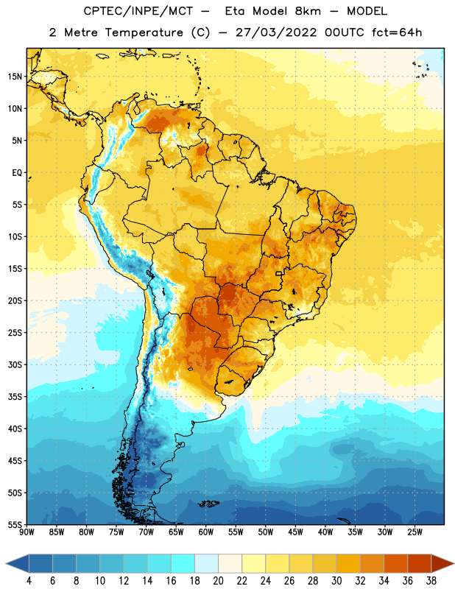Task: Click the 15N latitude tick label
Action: (15, 77)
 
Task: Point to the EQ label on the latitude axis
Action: (17, 173)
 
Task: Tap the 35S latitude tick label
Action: (15, 397)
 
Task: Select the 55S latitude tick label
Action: (15, 525)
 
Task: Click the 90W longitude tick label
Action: (27, 532)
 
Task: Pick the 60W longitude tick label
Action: (206, 532)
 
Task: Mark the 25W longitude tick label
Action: (415, 532)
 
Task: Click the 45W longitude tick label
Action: (295, 532)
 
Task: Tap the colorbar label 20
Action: (218, 581)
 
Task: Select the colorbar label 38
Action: (431, 581)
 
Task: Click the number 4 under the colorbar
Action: (29, 581)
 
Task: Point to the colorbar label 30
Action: (336, 581)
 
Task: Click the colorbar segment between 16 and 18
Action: (183, 563)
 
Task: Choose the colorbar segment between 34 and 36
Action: (395, 563)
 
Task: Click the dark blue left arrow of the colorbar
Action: (17, 563)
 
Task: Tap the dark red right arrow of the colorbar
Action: (442, 563)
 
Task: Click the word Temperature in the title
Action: (144, 32)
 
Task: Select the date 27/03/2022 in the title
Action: (276, 32)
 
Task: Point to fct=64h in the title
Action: (397, 32)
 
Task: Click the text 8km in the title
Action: (308, 11)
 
